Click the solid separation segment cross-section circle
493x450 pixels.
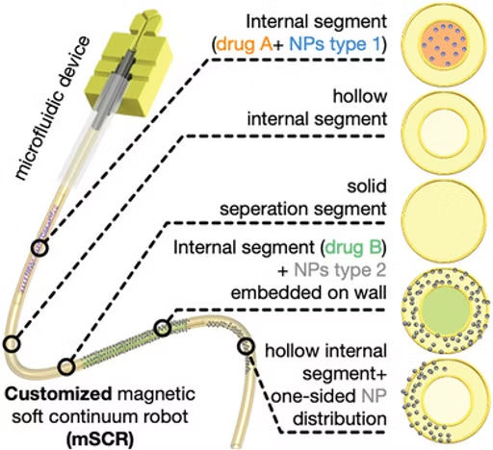(443, 219)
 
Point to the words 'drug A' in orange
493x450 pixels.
(245, 44)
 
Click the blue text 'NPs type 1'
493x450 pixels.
(335, 44)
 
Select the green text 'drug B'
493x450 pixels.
(353, 247)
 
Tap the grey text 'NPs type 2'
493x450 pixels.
(340, 270)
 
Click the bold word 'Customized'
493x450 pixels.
(59, 394)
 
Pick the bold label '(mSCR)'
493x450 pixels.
(100, 439)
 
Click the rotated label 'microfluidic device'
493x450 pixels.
(51, 108)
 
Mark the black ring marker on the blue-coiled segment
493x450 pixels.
(39, 248)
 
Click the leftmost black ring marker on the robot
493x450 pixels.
(13, 344)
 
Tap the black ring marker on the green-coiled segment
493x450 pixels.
(163, 328)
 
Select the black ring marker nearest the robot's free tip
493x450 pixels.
(246, 346)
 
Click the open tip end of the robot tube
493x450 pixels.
(236, 445)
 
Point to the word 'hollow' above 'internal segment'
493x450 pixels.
(360, 96)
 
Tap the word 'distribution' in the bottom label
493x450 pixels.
(340, 418)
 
